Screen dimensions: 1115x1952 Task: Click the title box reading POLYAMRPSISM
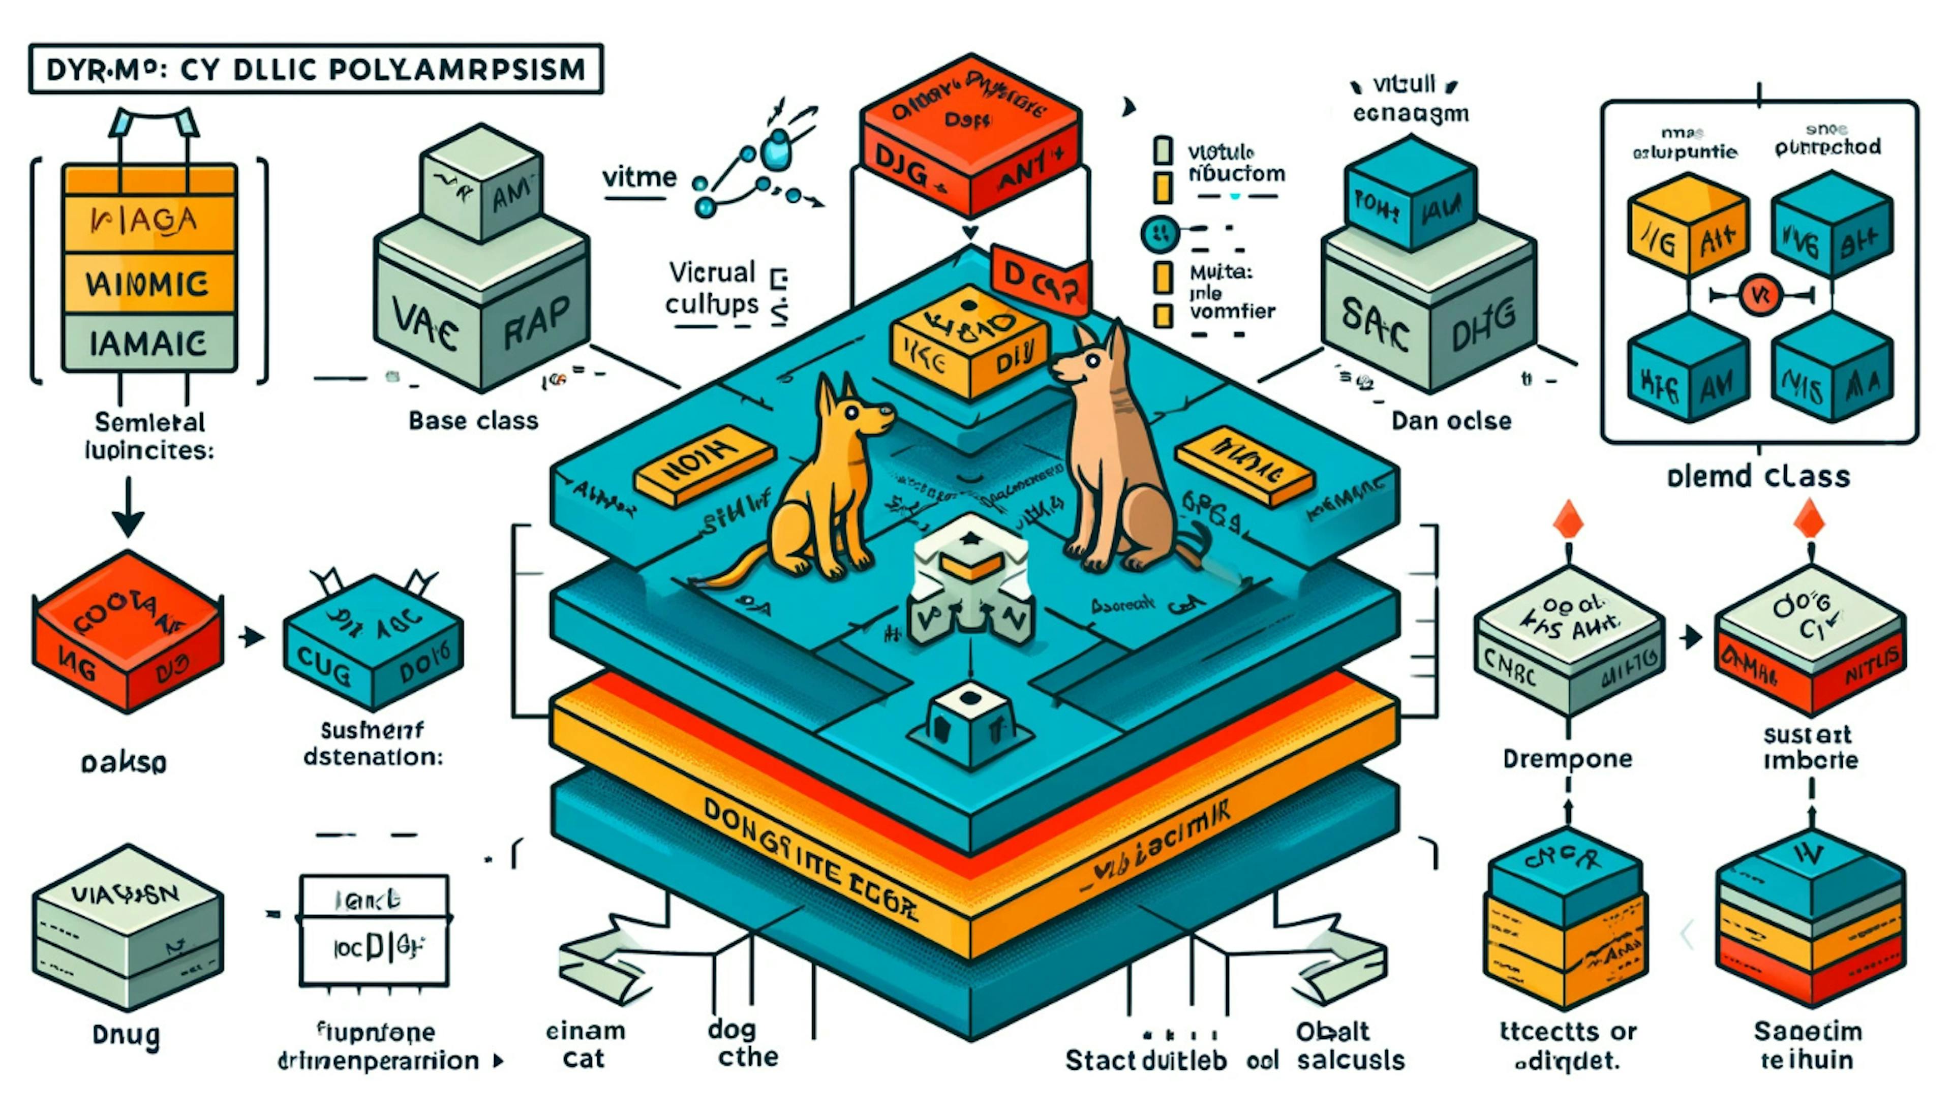tap(316, 69)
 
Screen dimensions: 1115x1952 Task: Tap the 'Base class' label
tap(473, 420)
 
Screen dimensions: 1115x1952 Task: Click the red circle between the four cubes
tap(1760, 295)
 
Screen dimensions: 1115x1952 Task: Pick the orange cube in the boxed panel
tap(1687, 226)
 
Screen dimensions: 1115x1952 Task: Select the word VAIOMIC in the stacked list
tap(148, 284)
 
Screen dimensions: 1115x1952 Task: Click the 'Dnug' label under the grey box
tap(127, 1035)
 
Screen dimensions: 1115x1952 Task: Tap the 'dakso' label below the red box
tap(124, 763)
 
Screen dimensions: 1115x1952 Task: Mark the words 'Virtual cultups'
tap(712, 289)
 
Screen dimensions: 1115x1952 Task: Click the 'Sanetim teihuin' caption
tap(1807, 1045)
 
